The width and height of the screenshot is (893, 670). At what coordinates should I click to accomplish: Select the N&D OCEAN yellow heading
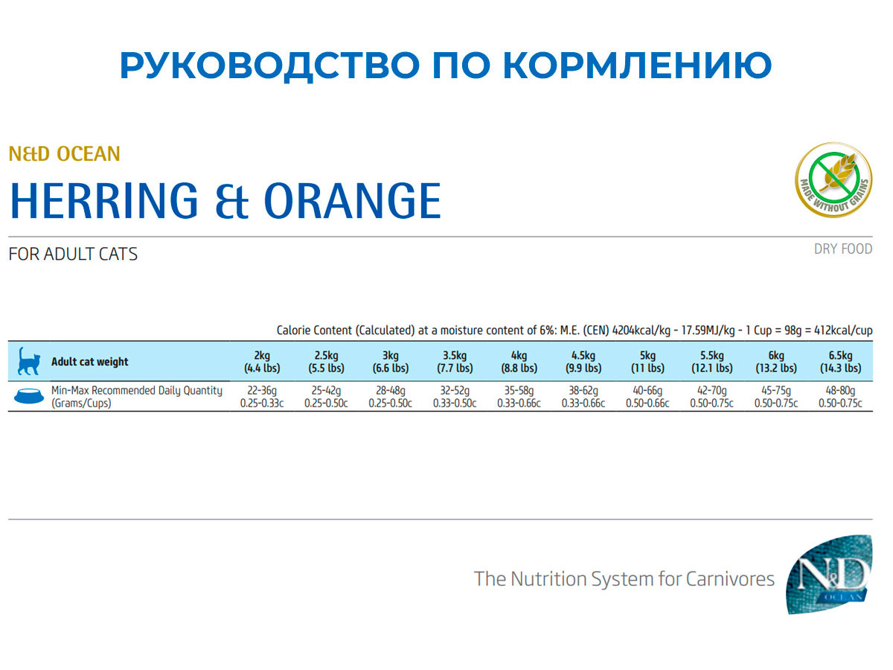(x=64, y=154)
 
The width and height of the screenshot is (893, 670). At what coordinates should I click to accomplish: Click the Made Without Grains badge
(x=833, y=180)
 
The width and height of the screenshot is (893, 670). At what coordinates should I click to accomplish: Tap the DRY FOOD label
(x=842, y=249)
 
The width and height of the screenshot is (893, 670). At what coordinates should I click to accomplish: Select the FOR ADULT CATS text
(x=73, y=254)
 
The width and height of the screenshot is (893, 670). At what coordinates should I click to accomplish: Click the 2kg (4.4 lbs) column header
(x=262, y=362)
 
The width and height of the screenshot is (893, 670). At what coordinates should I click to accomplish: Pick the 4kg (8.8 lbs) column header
(x=519, y=362)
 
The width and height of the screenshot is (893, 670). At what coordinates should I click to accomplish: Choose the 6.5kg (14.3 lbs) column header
(x=840, y=362)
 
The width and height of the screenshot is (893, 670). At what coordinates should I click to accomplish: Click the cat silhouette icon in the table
(x=27, y=361)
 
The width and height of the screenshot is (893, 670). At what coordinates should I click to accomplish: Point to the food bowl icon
(x=27, y=397)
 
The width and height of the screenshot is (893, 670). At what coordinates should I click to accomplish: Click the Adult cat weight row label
(x=89, y=362)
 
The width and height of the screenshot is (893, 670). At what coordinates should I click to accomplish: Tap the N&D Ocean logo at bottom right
(x=830, y=573)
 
